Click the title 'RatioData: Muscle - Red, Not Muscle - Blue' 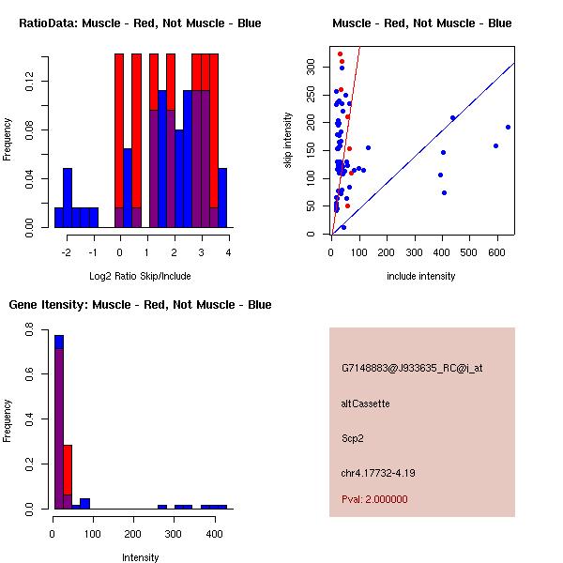140,23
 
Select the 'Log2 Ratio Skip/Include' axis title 140,275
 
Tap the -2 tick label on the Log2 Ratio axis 66,252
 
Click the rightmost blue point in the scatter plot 508,127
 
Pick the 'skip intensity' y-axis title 289,141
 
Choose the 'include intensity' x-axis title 421,276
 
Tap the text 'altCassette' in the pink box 365,403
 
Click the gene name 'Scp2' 352,437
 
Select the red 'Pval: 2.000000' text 374,500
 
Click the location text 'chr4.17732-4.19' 378,472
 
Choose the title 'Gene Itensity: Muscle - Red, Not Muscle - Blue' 140,305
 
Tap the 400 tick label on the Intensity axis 213,534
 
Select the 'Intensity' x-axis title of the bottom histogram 140,557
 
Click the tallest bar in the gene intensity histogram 58,422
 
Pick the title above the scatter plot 422,23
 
